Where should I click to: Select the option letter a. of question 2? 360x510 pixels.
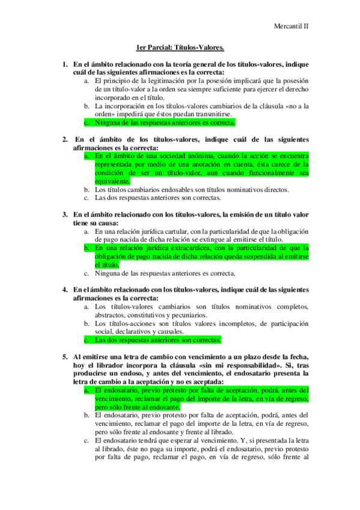click(x=87, y=155)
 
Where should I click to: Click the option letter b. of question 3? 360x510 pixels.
click(x=87, y=247)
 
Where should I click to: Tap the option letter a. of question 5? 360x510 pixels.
click(x=87, y=390)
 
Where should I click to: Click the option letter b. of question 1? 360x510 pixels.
click(x=87, y=106)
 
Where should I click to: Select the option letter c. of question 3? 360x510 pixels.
click(x=87, y=272)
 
